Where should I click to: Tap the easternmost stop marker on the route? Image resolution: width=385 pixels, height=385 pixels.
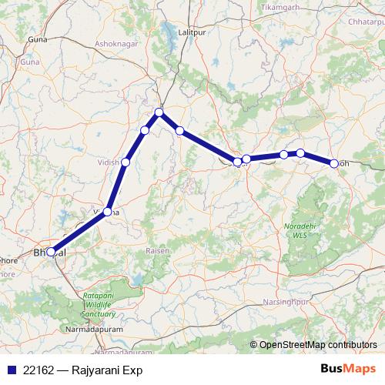pos(334,163)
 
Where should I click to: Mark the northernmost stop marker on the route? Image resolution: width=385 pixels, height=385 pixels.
pos(159,112)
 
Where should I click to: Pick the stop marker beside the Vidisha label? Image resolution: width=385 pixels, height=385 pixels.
pos(126,162)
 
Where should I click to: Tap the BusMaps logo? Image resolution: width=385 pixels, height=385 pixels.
pos(348,370)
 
